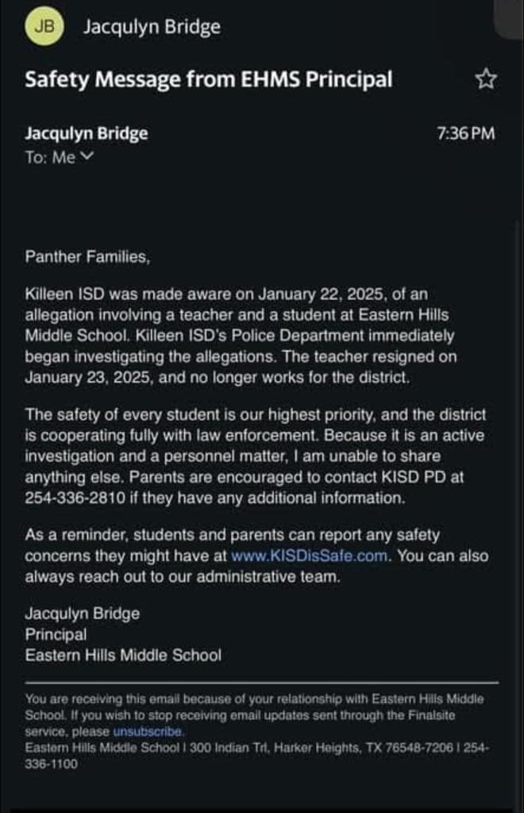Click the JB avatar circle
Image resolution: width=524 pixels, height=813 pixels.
click(x=47, y=27)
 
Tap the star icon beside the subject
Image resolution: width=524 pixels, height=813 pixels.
click(x=485, y=79)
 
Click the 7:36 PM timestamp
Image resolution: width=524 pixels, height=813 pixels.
click(x=466, y=133)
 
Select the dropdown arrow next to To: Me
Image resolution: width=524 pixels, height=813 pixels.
click(x=87, y=156)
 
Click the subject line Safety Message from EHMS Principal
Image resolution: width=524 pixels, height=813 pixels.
click(x=209, y=79)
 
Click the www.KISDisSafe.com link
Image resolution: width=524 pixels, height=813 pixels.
click(x=310, y=556)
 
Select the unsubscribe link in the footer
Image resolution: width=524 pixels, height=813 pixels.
click(x=148, y=731)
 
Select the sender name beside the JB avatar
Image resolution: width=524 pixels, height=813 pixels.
click(x=152, y=27)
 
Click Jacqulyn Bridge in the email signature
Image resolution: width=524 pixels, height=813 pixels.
click(x=83, y=614)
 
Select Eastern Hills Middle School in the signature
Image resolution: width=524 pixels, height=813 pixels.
click(x=123, y=656)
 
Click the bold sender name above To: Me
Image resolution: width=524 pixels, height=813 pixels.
click(x=87, y=133)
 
